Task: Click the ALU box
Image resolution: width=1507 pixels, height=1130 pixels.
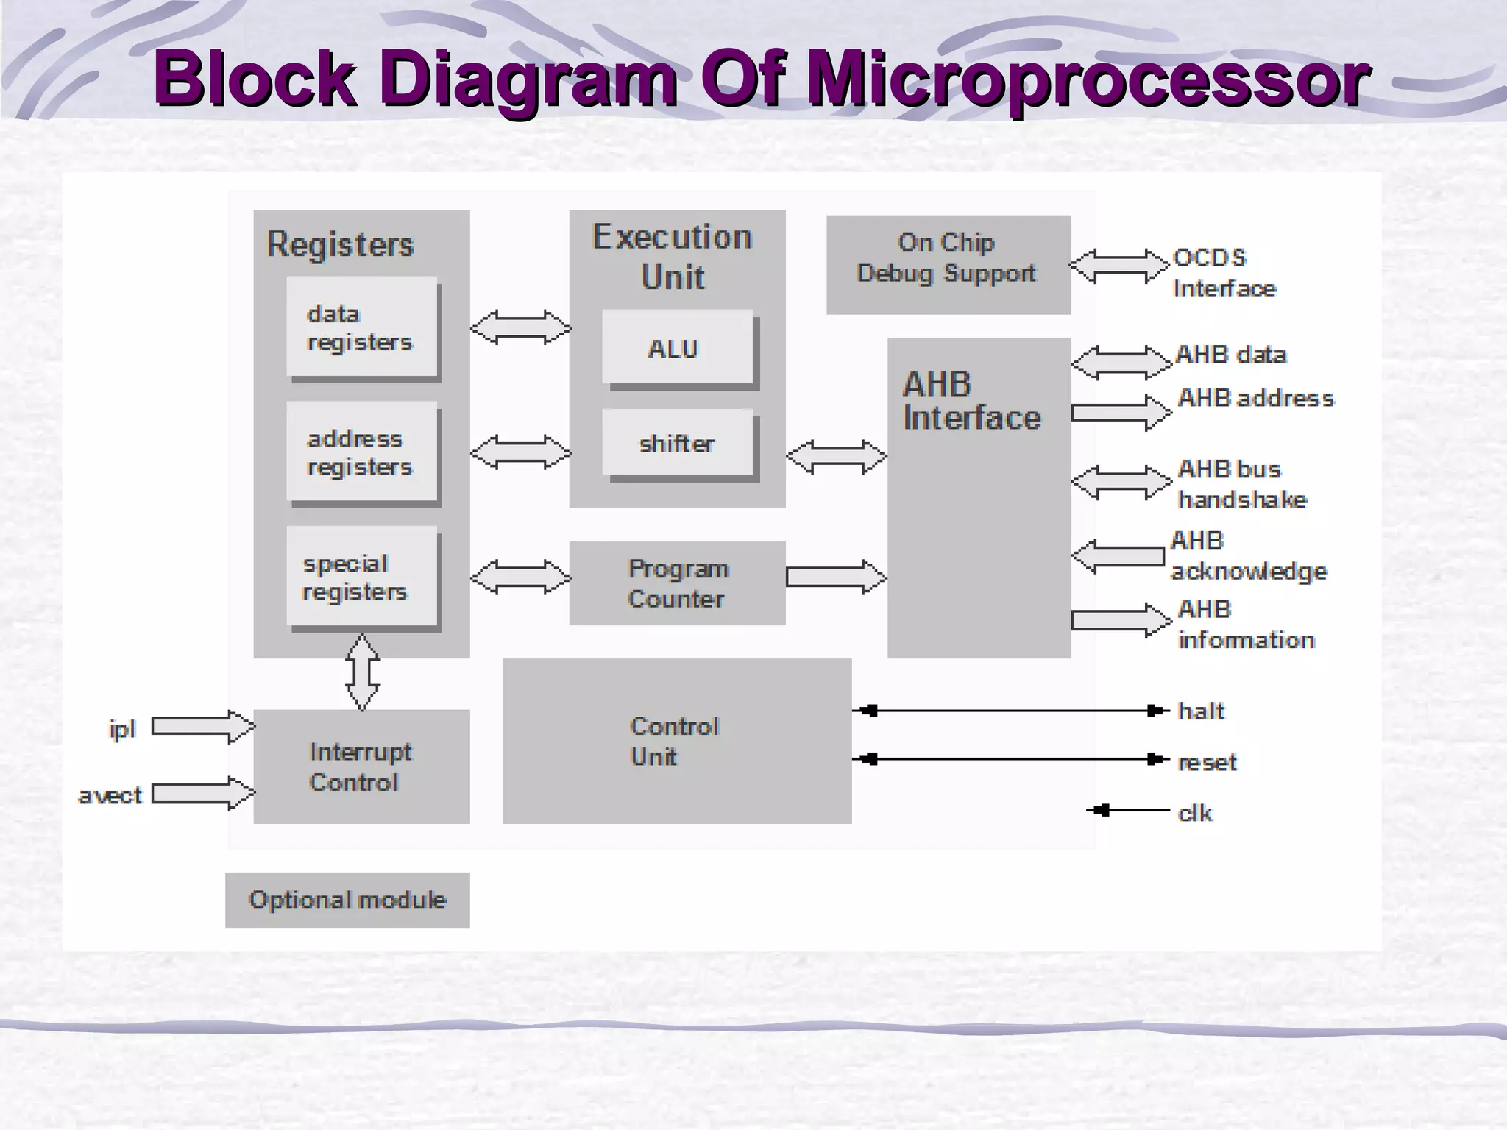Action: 678,347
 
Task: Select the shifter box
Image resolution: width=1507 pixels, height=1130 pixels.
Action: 678,443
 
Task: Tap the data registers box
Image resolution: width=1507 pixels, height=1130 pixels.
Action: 362,327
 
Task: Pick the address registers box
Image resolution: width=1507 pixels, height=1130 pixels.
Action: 362,452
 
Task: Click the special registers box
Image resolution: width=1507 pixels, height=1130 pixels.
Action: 362,578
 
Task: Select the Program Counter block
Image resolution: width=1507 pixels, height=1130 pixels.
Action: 677,583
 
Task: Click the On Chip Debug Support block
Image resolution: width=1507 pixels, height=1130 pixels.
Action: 948,265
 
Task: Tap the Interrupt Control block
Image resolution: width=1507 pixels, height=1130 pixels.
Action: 361,767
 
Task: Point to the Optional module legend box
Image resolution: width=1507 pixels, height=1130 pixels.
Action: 347,900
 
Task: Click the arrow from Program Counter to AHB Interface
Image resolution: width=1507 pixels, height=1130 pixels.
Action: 836,577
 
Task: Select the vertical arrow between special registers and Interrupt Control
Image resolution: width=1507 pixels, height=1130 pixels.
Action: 363,671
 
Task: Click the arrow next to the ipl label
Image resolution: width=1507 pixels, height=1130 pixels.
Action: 202,727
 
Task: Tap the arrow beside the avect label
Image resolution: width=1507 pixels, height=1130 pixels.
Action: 202,794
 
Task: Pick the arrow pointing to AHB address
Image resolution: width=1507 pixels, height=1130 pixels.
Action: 1120,412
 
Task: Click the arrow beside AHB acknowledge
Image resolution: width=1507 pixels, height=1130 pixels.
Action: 1118,555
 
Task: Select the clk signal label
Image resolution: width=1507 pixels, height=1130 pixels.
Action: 1195,813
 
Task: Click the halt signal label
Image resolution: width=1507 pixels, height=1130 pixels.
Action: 1201,711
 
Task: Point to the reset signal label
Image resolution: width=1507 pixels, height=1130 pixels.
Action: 1208,762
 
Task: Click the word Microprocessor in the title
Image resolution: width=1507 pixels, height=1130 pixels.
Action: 1088,79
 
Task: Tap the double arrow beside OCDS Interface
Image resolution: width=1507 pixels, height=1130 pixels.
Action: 1118,266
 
